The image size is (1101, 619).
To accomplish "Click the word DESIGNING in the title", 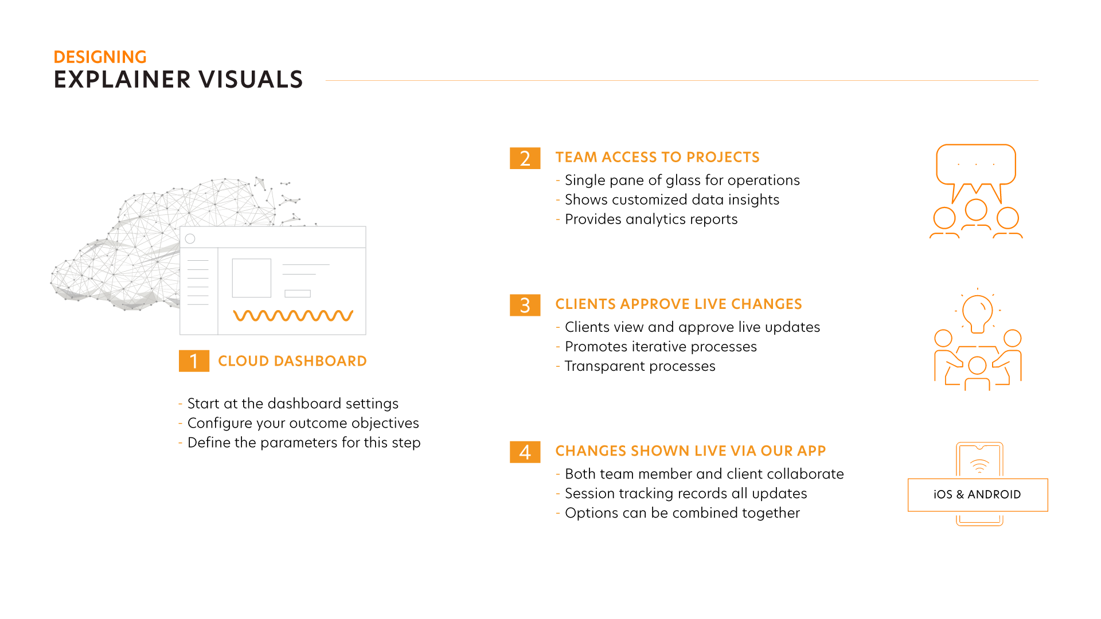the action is tap(100, 57).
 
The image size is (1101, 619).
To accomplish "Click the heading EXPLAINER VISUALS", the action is tap(178, 80).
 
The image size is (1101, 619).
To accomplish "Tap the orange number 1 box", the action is tap(194, 361).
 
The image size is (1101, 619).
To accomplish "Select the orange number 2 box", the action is tap(525, 158).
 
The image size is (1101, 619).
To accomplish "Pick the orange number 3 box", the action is tap(525, 305).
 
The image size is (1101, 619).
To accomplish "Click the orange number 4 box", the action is tap(525, 452).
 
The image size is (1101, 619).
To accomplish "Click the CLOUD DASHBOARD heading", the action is tap(292, 361).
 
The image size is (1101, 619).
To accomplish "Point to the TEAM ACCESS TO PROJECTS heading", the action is tap(658, 157).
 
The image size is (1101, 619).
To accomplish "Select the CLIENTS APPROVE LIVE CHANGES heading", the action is tap(679, 304).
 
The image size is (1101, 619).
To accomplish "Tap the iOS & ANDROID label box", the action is tap(978, 495).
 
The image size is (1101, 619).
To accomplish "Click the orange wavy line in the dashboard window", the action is tap(293, 316).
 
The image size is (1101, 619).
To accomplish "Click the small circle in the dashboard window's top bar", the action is tap(190, 238).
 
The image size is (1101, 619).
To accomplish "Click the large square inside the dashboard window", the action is tap(251, 278).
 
